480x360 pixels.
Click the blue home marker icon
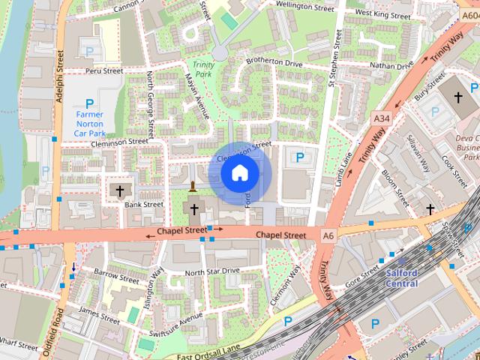[x=239, y=173]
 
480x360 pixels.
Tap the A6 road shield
[x=328, y=235]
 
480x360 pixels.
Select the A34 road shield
[x=381, y=118]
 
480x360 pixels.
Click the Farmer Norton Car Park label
[x=89, y=123]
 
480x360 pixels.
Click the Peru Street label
[x=103, y=71]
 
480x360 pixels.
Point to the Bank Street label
[x=143, y=204]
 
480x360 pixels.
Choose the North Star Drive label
[x=211, y=270]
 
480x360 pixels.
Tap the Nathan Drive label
[x=391, y=66]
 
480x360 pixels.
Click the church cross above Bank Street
[x=119, y=191]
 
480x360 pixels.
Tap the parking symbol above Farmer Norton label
[x=89, y=103]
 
